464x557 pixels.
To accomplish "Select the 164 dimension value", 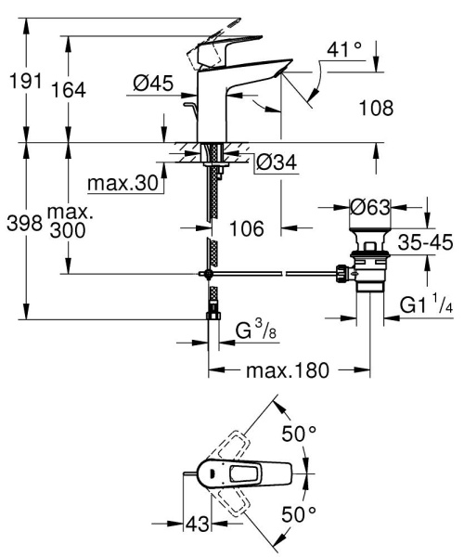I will [x=70, y=89].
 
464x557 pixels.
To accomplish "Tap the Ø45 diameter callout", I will [x=154, y=84].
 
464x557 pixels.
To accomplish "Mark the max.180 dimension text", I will [x=287, y=371].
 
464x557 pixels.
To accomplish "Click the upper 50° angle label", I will [x=299, y=434].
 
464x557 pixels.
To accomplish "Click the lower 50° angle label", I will [x=299, y=512].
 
